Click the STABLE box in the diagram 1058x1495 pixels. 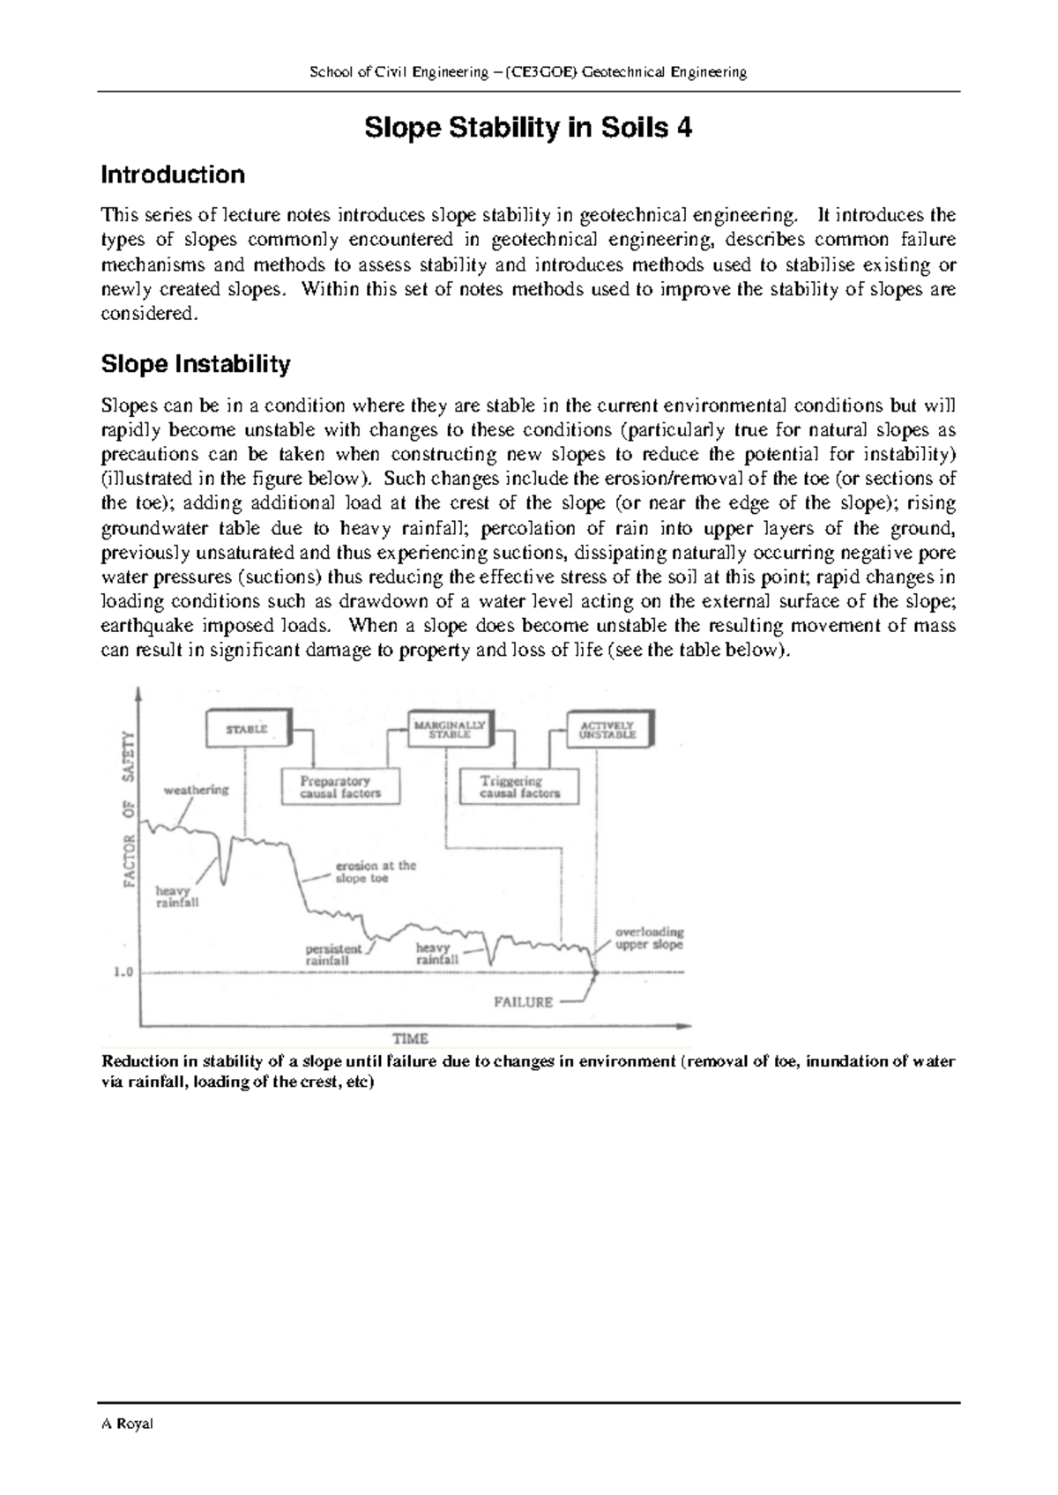247,729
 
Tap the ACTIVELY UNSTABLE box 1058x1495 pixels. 607,730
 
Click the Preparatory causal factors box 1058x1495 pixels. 340,786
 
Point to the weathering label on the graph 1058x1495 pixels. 196,789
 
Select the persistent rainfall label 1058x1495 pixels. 333,955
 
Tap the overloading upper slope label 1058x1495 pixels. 649,938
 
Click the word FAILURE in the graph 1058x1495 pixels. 523,1001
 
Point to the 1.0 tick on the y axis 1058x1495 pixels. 123,972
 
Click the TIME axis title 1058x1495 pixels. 410,1038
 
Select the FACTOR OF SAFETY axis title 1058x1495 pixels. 129,808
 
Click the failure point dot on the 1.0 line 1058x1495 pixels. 595,973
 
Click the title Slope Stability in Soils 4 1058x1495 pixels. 528,129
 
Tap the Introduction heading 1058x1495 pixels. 173,175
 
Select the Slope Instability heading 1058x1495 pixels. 196,363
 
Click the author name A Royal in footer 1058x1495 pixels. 127,1424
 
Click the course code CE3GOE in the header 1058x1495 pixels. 551,72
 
